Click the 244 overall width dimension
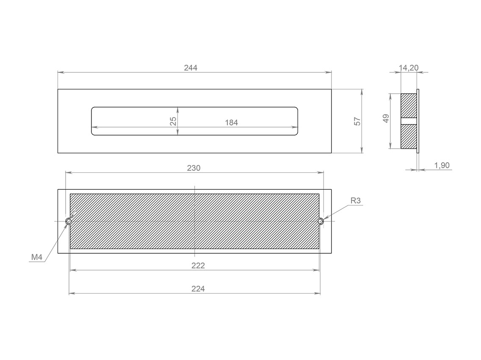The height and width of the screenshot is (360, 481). tap(191, 67)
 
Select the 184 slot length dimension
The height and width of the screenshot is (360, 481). tap(231, 123)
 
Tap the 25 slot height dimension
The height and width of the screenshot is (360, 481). tap(173, 121)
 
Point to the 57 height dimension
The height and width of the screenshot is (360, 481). tap(357, 121)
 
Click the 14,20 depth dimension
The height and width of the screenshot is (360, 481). tap(409, 68)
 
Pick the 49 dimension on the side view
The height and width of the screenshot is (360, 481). tap(386, 118)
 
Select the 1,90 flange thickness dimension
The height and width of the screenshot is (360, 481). tap(442, 166)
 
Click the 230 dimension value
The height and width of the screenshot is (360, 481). tap(194, 168)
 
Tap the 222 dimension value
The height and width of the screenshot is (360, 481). tap(198, 266)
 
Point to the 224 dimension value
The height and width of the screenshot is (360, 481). tap(198, 289)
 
